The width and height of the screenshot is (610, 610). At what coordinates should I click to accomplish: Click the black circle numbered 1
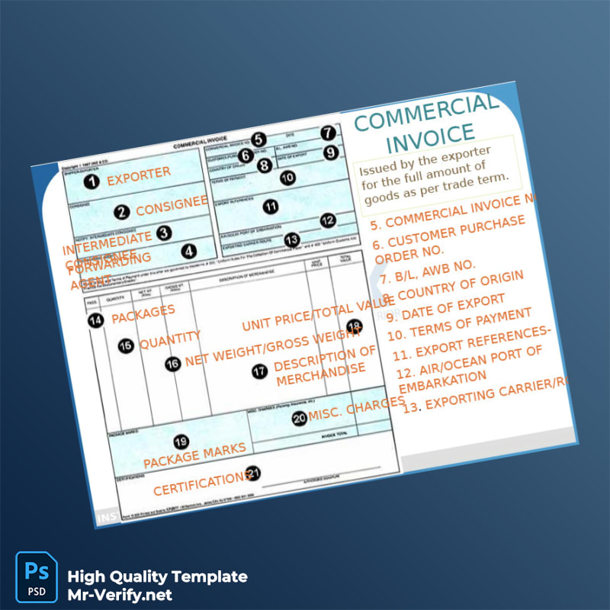click(x=91, y=181)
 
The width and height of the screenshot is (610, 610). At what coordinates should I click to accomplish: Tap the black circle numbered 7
click(x=327, y=132)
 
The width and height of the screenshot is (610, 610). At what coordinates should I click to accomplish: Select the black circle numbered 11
click(x=270, y=206)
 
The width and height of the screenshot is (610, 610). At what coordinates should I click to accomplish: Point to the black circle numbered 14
click(x=95, y=321)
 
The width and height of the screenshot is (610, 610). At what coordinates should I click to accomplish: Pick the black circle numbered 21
click(x=253, y=474)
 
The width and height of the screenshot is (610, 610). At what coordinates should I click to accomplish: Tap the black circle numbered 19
click(x=181, y=441)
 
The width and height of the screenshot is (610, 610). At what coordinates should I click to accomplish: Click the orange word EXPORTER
click(x=139, y=176)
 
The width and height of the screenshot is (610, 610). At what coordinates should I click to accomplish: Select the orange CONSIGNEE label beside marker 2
click(x=172, y=206)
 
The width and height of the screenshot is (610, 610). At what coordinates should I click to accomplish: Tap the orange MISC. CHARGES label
click(x=356, y=407)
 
